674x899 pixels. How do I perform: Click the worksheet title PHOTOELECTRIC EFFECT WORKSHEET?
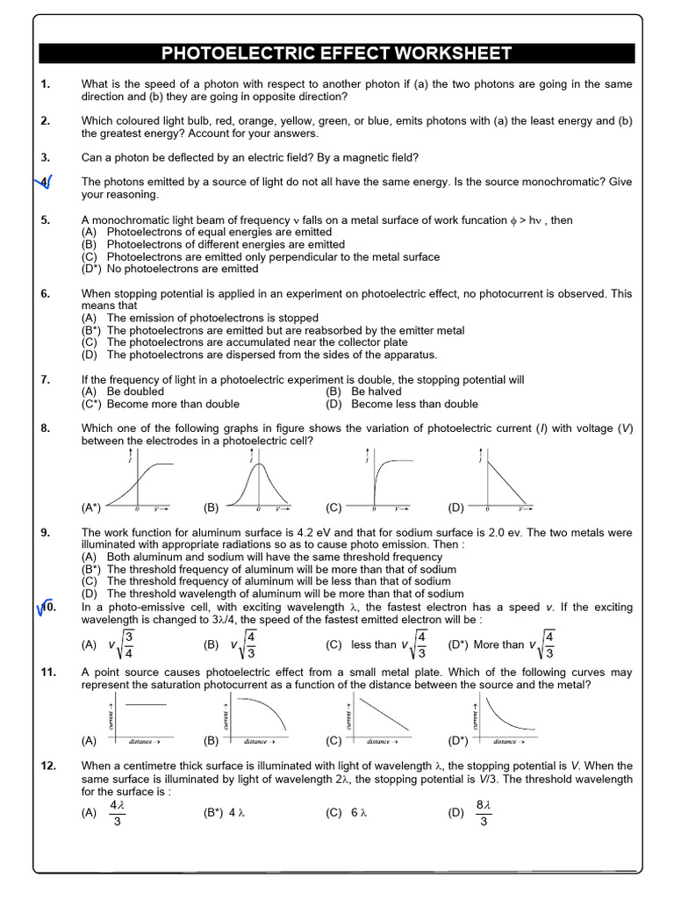(x=337, y=54)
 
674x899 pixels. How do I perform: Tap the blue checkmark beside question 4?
(x=45, y=183)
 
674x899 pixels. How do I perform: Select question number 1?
(x=46, y=84)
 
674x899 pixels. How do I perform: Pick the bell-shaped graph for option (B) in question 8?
(x=259, y=481)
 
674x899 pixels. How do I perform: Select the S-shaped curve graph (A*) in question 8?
(x=140, y=481)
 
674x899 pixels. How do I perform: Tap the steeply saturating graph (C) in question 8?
(x=386, y=481)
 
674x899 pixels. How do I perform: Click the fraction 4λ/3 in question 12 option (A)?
(x=117, y=813)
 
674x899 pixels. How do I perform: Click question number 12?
(x=48, y=766)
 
